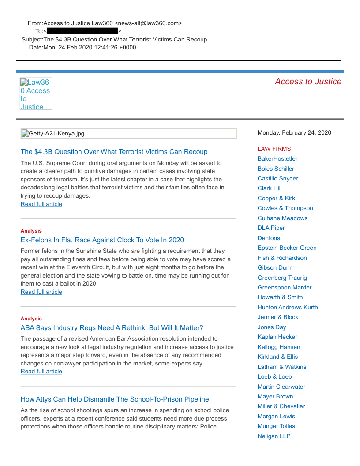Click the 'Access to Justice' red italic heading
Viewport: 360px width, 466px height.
pyautogui.click(x=308, y=82)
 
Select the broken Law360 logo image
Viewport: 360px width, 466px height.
pyautogui.click(x=36, y=94)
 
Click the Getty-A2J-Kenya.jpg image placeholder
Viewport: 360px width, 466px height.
pyautogui.click(x=128, y=134)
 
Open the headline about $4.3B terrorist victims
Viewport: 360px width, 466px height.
pyautogui.click(x=114, y=152)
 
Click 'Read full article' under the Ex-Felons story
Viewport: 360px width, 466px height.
pyautogui.click(x=41, y=292)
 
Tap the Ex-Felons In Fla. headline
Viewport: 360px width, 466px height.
pyautogui.click(x=102, y=240)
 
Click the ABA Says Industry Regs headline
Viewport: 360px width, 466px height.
pyautogui.click(x=112, y=328)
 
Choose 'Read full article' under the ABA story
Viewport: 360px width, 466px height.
pyautogui.click(x=41, y=372)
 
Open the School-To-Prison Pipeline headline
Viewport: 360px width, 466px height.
pyautogui.click(x=115, y=399)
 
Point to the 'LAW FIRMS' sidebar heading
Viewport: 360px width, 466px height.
pyautogui.click(x=274, y=149)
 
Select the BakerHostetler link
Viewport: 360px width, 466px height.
pyautogui.click(x=277, y=159)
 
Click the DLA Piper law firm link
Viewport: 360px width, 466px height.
pyautogui.click(x=271, y=228)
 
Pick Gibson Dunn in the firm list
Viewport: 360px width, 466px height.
pyautogui.click(x=275, y=268)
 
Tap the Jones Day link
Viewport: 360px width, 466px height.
pyautogui.click(x=272, y=327)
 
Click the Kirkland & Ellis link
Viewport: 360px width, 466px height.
pyautogui.click(x=278, y=357)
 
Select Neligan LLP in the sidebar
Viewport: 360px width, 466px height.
pyautogui.click(x=274, y=436)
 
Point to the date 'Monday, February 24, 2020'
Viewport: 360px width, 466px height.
pyautogui.click(x=294, y=133)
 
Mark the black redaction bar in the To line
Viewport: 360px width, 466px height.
pyautogui.click(x=82, y=31)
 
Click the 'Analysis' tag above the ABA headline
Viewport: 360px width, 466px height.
pyautogui.click(x=31, y=319)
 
